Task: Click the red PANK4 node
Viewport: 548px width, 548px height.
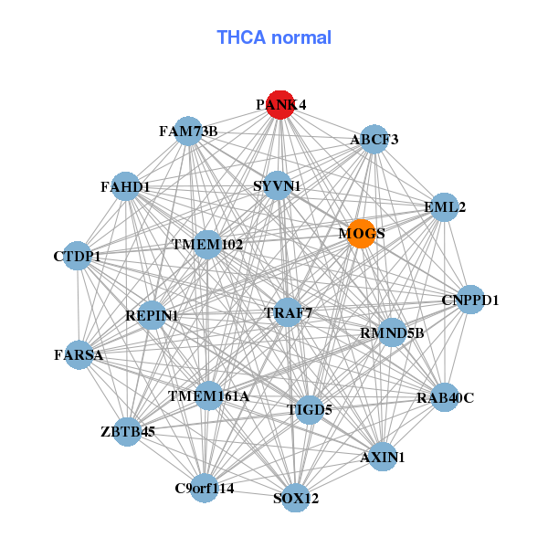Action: pos(280,105)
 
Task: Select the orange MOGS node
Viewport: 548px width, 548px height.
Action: pos(361,234)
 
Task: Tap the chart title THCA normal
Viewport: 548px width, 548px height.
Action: pos(274,37)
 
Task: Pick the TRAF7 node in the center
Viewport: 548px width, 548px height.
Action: pos(288,312)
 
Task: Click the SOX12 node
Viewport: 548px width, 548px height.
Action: pos(295,498)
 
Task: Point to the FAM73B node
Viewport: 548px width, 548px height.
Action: pos(187,131)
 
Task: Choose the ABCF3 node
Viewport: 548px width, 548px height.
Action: pos(374,140)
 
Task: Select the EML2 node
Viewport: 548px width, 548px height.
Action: pos(444,207)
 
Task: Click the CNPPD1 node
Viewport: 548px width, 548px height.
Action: pos(469,300)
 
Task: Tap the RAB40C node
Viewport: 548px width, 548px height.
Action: pos(445,397)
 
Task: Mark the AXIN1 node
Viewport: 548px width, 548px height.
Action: pos(383,456)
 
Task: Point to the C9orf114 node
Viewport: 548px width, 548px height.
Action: pos(205,488)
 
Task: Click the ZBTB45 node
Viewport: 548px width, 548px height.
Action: pos(127,431)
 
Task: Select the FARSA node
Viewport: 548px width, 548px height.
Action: pos(79,354)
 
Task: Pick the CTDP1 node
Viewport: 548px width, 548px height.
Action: pos(78,257)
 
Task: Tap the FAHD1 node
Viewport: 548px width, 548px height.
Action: pos(125,187)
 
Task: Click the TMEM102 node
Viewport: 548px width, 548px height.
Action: pos(207,245)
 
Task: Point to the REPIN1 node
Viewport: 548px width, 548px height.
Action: pos(152,316)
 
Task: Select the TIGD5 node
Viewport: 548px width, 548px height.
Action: pos(310,410)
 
